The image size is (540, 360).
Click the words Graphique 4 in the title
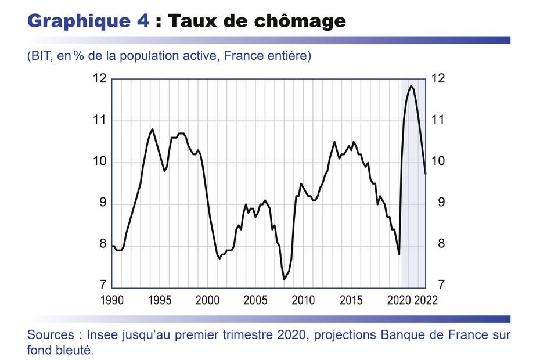pyautogui.click(x=87, y=21)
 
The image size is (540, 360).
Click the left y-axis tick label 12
pyautogui.click(x=100, y=79)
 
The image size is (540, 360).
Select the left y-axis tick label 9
pyautogui.click(x=103, y=203)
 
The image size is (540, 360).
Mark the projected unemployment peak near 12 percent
pyautogui.click(x=411, y=86)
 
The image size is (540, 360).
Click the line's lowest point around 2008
pyautogui.click(x=284, y=280)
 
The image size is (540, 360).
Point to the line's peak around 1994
pyautogui.click(x=152, y=129)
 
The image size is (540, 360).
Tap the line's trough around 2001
pyautogui.click(x=219, y=259)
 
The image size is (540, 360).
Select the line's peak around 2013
pyautogui.click(x=334, y=142)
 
